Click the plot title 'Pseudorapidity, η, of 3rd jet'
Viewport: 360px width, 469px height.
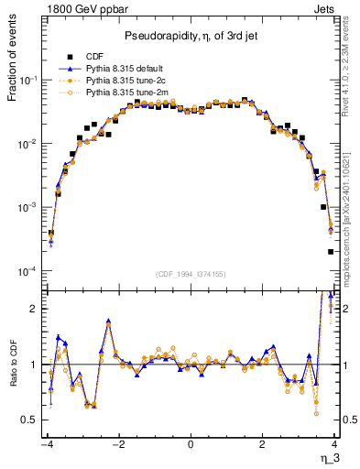tap(190, 36)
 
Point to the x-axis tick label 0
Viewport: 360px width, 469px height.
tap(190, 444)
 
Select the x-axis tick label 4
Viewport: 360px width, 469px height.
tap(336, 444)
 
